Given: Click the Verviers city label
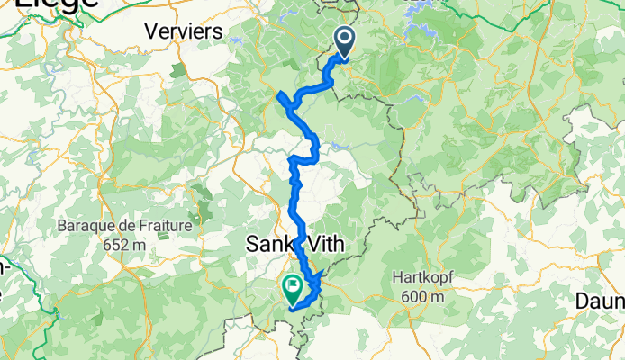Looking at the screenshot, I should [x=184, y=31].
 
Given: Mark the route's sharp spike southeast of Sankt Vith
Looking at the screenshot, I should [x=322, y=273].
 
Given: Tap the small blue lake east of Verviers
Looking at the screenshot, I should [x=236, y=40].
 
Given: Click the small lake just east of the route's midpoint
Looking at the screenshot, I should [x=340, y=143].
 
